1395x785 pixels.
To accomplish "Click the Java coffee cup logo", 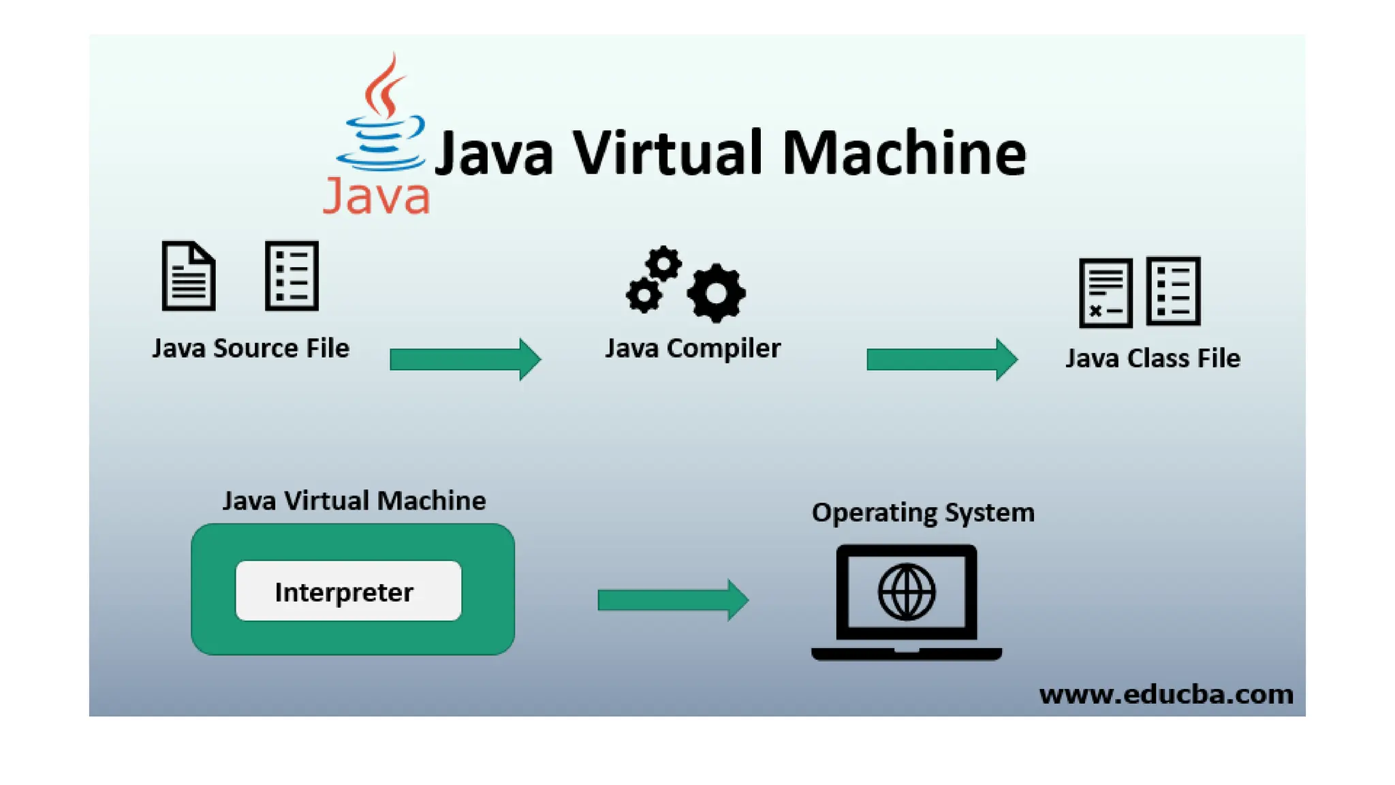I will click(381, 119).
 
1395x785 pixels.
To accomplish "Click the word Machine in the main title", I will click(904, 153).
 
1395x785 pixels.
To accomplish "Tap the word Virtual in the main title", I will click(669, 153).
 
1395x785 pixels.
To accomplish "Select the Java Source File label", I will click(251, 348).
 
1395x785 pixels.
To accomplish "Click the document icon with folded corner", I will click(189, 276).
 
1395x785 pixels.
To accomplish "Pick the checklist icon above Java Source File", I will click(292, 276).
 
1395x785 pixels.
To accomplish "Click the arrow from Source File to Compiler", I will click(465, 358).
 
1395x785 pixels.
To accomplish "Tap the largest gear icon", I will click(716, 293).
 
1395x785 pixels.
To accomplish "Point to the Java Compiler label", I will click(693, 348).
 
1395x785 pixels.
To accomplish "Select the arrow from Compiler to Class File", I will click(942, 358).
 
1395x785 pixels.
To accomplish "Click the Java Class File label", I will click(1153, 358).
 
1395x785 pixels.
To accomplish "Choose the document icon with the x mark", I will click(1106, 293).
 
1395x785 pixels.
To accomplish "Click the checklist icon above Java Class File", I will click(1173, 291).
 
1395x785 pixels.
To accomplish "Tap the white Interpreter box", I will click(348, 591).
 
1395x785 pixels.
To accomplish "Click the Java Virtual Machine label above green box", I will click(354, 501).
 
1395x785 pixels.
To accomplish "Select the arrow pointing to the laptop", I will click(673, 600).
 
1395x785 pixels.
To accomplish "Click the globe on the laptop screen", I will click(907, 591).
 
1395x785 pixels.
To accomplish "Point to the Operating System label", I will click(923, 512).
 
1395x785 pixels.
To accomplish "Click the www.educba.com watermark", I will click(1166, 694).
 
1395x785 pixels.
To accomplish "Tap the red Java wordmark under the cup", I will click(376, 197).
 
